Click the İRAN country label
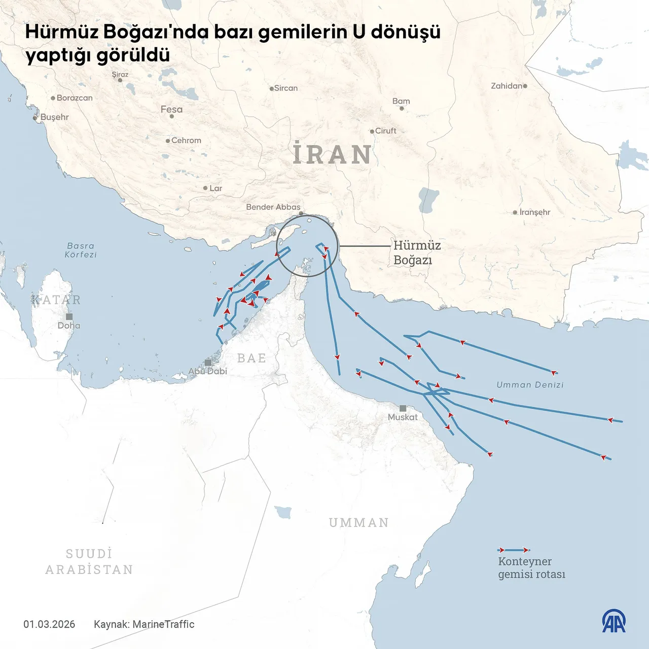click(x=332, y=154)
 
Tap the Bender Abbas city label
click(x=273, y=207)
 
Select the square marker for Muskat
click(x=403, y=408)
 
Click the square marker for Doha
click(x=69, y=316)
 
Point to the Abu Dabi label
click(x=207, y=371)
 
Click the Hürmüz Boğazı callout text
click(x=416, y=253)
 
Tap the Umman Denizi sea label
click(x=530, y=385)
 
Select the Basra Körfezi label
click(x=81, y=250)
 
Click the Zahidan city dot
click(x=525, y=86)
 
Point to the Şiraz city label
click(x=120, y=75)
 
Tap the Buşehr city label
click(x=54, y=117)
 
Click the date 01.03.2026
click(x=49, y=624)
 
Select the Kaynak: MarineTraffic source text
click(x=144, y=624)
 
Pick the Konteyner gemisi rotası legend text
click(x=531, y=568)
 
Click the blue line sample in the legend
click(x=514, y=550)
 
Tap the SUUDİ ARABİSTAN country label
click(x=89, y=562)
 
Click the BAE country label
click(x=251, y=358)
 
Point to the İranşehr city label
click(x=534, y=212)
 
